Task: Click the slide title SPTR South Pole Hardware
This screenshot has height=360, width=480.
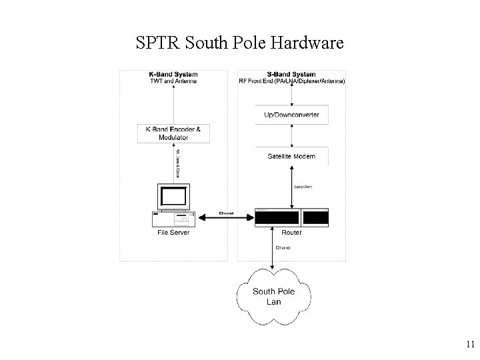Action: (239, 44)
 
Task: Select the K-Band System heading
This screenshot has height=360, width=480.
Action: (173, 74)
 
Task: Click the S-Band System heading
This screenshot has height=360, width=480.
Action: (291, 74)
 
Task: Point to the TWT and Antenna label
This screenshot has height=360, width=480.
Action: (173, 81)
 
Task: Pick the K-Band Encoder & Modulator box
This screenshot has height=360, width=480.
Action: (173, 133)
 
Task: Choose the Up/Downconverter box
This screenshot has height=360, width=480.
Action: (291, 115)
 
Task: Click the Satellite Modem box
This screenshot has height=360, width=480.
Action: (291, 157)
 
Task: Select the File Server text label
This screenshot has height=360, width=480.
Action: (173, 233)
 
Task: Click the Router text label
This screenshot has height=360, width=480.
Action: (291, 233)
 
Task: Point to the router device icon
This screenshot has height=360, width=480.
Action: (291, 217)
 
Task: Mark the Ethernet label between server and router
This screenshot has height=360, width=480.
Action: (227, 213)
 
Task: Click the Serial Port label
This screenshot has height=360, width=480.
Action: (303, 187)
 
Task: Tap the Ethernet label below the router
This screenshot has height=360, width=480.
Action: (284, 248)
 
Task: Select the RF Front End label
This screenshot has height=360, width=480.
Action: (291, 81)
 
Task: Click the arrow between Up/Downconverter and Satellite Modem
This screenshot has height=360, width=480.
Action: (291, 135)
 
